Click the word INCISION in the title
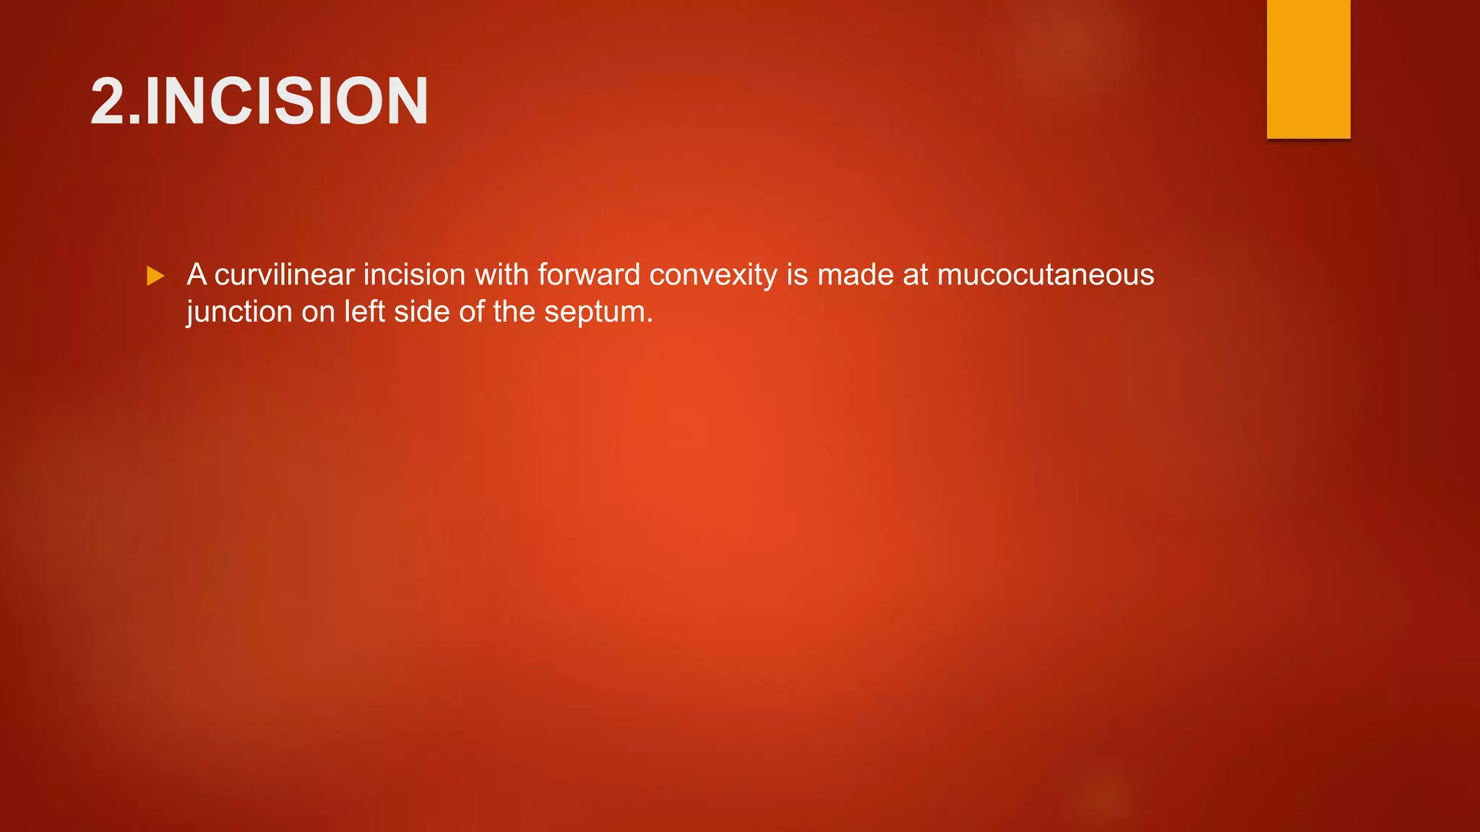287,101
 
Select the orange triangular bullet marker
155,276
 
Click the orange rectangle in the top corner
1308,69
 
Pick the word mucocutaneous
1046,275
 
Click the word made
856,275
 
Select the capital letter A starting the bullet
197,275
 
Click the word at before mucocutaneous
916,275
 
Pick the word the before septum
514,312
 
